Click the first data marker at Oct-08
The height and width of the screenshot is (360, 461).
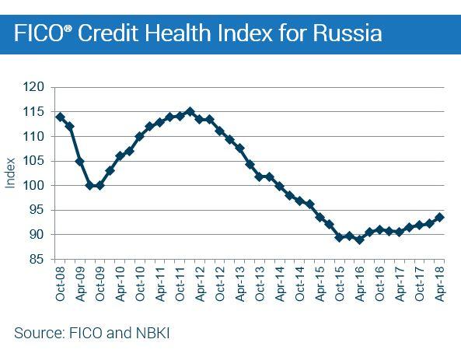pyautogui.click(x=60, y=117)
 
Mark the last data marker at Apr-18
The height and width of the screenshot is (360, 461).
pyautogui.click(x=440, y=218)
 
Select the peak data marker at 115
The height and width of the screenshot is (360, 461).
pyautogui.click(x=190, y=112)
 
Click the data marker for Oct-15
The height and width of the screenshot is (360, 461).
pyautogui.click(x=340, y=237)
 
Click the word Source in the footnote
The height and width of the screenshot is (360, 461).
pyautogui.click(x=37, y=334)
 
